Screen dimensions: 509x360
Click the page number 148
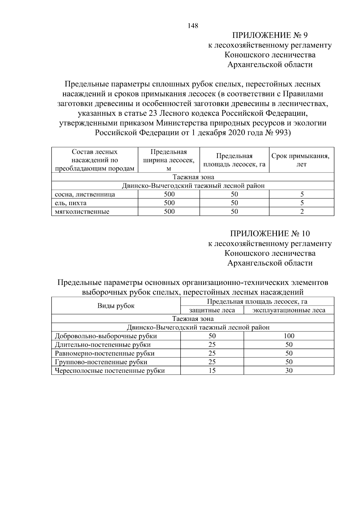[x=193, y=26]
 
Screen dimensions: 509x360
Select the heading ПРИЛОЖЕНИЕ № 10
[x=270, y=234]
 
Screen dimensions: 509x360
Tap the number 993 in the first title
[x=281, y=133]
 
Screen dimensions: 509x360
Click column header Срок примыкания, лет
[x=301, y=160]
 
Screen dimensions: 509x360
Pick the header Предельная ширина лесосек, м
[x=169, y=160]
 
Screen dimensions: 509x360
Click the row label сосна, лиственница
[x=85, y=194]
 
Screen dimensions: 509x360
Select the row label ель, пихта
[x=71, y=203]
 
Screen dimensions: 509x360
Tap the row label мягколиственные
[x=82, y=212]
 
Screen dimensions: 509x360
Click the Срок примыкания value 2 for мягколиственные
[x=302, y=212]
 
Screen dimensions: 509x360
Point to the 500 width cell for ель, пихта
[x=169, y=203]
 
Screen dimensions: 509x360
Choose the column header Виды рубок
[x=116, y=306]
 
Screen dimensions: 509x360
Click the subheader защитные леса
[x=212, y=310]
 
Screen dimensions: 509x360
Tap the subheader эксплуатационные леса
[x=289, y=310]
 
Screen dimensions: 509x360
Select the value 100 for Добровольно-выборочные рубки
[x=289, y=336]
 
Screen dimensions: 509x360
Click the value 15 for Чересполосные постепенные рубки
[x=212, y=371]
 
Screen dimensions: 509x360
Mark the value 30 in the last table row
[x=289, y=371]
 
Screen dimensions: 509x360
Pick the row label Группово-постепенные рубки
[x=101, y=362]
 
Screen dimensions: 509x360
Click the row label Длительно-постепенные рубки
[x=103, y=345]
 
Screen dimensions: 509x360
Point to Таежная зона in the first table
[x=193, y=177]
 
